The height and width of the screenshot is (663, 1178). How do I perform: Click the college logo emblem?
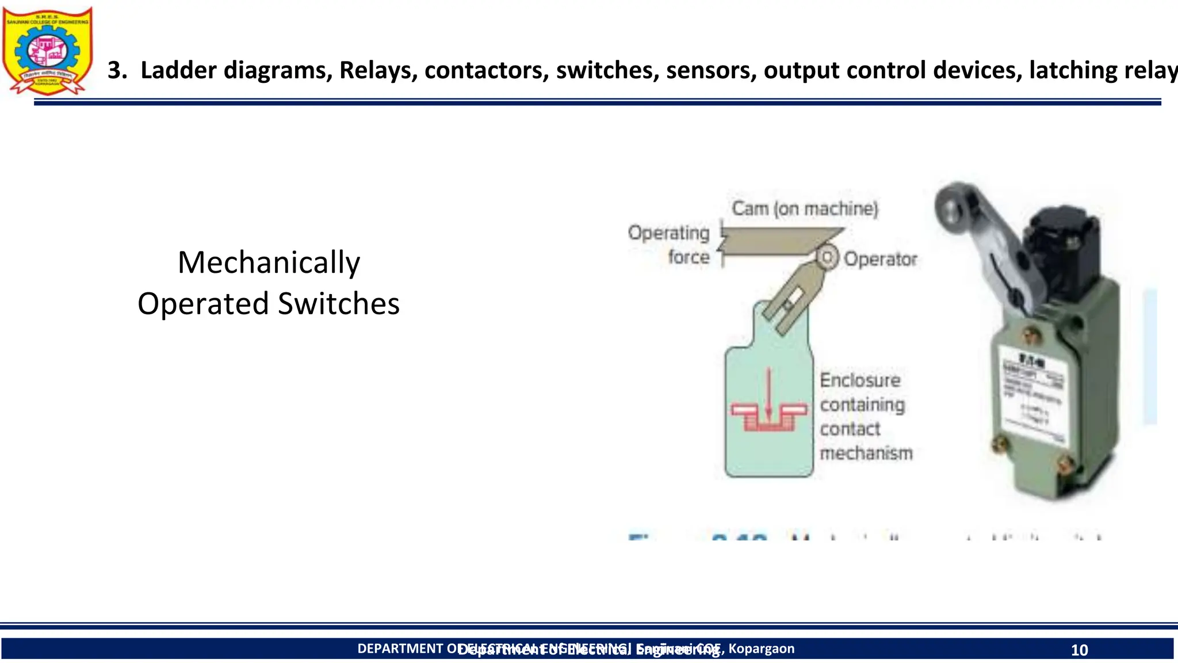point(47,51)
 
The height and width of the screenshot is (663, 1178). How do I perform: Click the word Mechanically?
point(269,262)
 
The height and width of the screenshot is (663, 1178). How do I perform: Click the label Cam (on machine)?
point(804,208)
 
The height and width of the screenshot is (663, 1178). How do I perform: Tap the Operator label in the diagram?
point(880,259)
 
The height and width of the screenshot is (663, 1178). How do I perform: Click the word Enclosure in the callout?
point(860,380)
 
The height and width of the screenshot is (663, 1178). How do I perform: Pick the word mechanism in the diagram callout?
point(866,453)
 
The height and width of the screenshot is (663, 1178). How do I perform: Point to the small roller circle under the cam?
point(827,257)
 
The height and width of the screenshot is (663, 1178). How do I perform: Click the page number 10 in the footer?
point(1079,650)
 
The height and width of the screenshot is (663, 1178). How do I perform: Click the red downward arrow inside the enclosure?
point(768,394)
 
